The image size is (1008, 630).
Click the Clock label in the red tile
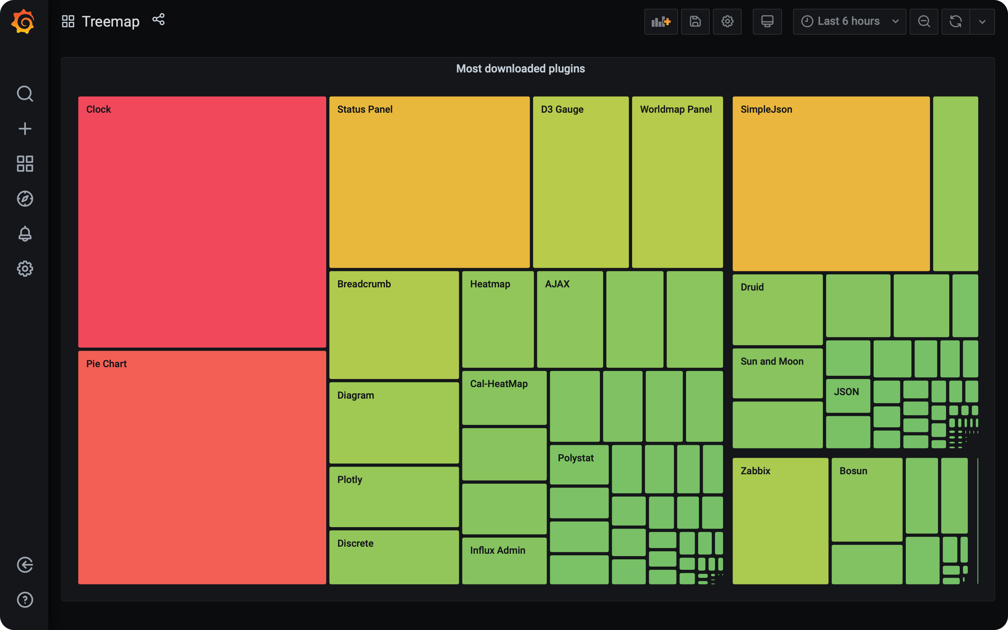tap(98, 109)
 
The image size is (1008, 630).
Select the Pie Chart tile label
tap(106, 364)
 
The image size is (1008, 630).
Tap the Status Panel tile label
tap(364, 109)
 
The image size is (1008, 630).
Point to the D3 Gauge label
tap(562, 109)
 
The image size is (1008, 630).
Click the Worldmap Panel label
tap(675, 109)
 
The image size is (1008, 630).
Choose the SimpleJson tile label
tap(766, 109)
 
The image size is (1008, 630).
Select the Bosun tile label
tap(853, 471)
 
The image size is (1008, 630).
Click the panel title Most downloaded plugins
tap(520, 69)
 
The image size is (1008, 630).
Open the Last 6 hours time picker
tap(849, 21)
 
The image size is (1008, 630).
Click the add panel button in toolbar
tap(660, 21)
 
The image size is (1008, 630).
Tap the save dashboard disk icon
tap(695, 21)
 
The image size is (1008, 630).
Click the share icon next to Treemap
tap(158, 20)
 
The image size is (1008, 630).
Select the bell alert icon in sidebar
tap(25, 234)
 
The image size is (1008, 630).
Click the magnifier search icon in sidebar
tap(25, 94)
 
